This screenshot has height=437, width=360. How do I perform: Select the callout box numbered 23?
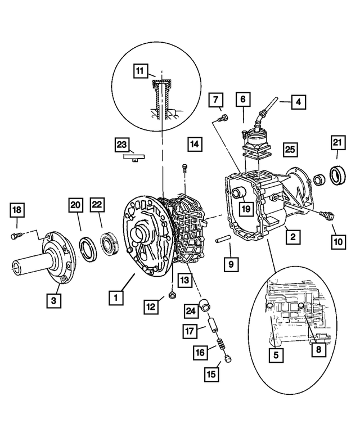(123, 145)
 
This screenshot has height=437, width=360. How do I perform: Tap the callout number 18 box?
(17, 210)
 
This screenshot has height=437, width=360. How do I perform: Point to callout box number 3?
(53, 301)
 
